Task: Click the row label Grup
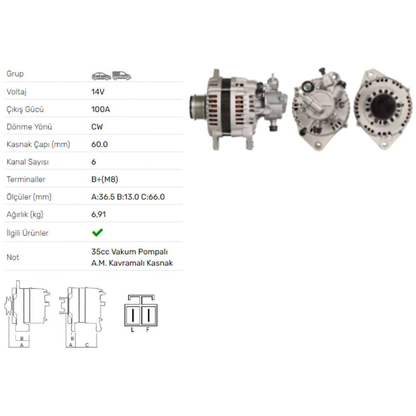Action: tap(15, 74)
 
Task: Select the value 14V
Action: tap(97, 92)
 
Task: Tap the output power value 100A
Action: tap(100, 109)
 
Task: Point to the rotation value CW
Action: tap(97, 127)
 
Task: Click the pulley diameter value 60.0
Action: tap(99, 144)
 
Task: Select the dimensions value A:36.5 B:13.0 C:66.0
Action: tap(128, 197)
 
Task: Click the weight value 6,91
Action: tap(99, 215)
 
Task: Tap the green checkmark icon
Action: tap(97, 233)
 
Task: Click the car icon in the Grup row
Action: tap(101, 76)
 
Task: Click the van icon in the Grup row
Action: tap(121, 75)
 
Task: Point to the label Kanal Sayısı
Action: tap(27, 162)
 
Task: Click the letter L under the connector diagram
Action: tap(132, 330)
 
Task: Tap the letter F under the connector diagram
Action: tap(147, 330)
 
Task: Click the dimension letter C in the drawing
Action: tap(87, 345)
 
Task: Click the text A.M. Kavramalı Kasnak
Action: tap(132, 263)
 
